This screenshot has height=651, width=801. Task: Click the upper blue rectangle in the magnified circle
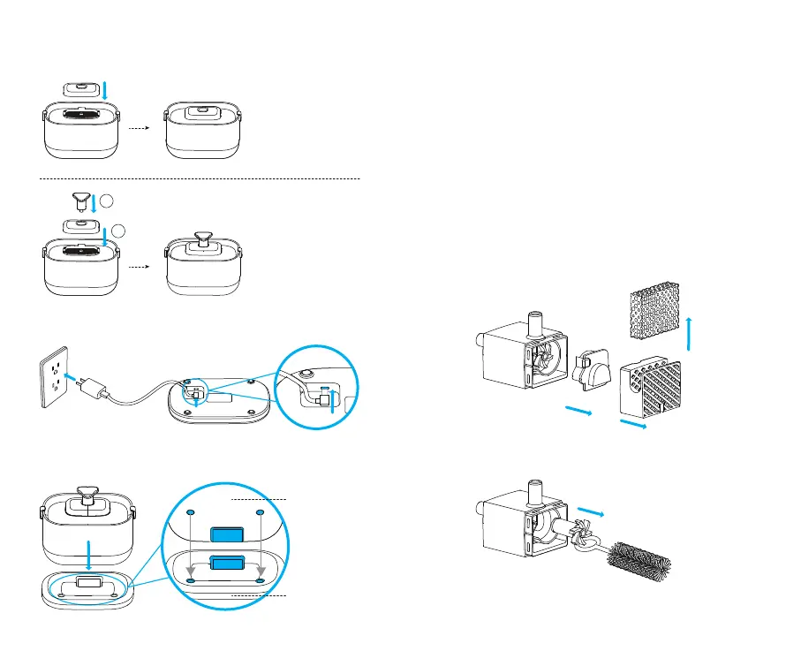click(228, 534)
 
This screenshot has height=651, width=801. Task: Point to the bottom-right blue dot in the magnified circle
click(260, 580)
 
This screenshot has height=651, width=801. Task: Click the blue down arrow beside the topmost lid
click(106, 89)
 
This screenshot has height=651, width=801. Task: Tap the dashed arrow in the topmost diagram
click(137, 127)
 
